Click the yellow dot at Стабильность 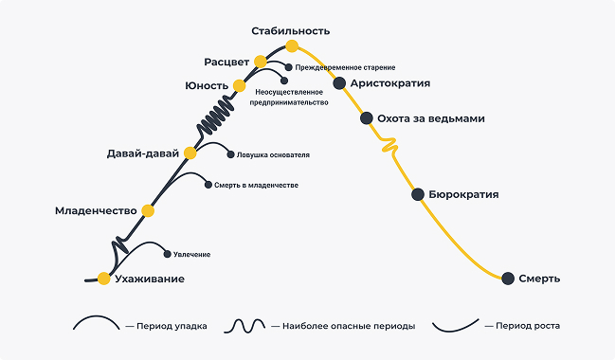click(x=292, y=45)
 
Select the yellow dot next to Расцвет click(x=261, y=62)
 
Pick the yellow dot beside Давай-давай click(x=190, y=153)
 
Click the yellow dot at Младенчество click(x=147, y=210)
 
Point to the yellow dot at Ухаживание click(x=103, y=279)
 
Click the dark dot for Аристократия click(x=339, y=83)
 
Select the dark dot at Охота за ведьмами click(x=367, y=118)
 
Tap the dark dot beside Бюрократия click(x=418, y=194)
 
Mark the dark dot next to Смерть click(x=508, y=279)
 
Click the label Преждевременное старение click(x=345, y=67)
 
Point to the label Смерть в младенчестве click(x=256, y=185)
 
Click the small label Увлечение click(x=191, y=254)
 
